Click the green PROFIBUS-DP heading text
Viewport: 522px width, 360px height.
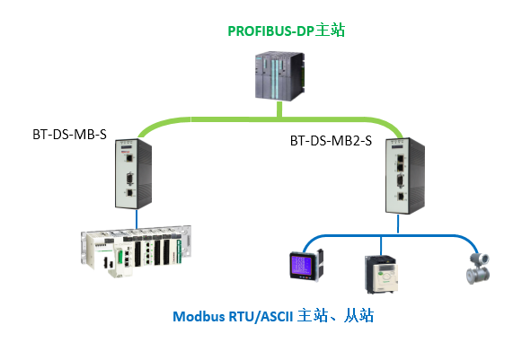[286, 31]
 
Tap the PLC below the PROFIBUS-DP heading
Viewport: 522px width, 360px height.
[279, 75]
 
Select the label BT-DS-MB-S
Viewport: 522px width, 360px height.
[69, 135]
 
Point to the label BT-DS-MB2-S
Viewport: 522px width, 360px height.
[331, 141]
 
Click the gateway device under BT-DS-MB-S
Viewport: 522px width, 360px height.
[134, 173]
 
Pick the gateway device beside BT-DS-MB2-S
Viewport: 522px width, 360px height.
[405, 176]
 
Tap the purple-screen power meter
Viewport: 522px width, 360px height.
[306, 265]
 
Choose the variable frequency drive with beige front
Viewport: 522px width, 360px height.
[382, 275]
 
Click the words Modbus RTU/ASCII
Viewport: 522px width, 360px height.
[233, 316]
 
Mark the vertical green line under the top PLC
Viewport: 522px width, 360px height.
[279, 110]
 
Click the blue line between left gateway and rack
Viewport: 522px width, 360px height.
[137, 219]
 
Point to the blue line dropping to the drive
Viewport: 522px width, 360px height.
[381, 246]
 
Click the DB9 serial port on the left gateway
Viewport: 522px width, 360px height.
[129, 179]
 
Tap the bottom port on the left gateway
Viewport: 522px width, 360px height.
[129, 193]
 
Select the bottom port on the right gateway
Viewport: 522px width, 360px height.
[401, 197]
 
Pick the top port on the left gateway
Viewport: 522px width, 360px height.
[129, 158]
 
